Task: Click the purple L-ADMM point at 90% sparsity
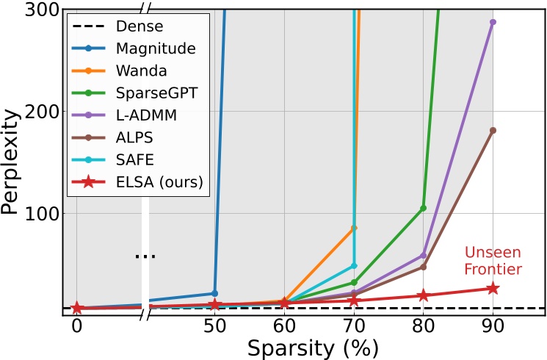pyautogui.click(x=493, y=22)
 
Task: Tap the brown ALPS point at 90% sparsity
pyautogui.click(x=493, y=130)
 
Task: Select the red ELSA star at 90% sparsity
pyautogui.click(x=493, y=289)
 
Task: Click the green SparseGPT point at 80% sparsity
pyautogui.click(x=423, y=208)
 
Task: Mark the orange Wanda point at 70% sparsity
pyautogui.click(x=354, y=228)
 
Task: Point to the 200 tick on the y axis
pyautogui.click(x=45, y=112)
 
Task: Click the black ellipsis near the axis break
pyautogui.click(x=145, y=256)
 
